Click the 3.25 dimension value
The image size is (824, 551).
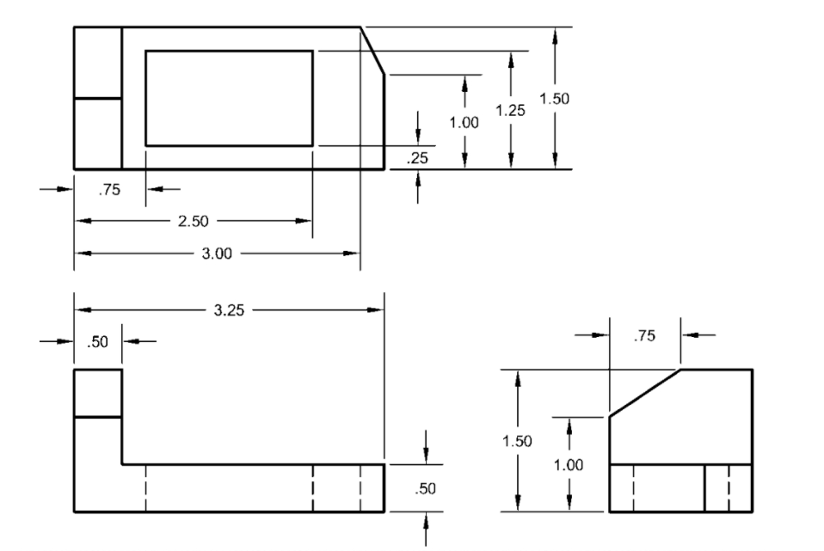(229, 310)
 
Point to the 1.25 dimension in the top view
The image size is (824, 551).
(511, 110)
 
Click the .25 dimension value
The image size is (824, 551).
(418, 157)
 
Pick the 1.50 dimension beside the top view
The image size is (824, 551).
(555, 99)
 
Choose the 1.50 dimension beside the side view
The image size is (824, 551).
(517, 441)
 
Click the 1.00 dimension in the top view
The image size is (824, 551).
(464, 122)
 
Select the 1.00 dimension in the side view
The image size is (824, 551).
(569, 464)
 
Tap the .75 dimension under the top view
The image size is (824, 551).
(109, 191)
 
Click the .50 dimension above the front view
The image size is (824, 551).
(97, 342)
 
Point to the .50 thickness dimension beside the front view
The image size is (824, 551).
(425, 488)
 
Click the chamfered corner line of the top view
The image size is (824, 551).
(372, 51)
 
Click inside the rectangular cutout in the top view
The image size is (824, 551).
(228, 98)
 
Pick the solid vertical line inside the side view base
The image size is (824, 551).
(705, 488)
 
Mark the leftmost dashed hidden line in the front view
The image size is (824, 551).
(145, 488)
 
